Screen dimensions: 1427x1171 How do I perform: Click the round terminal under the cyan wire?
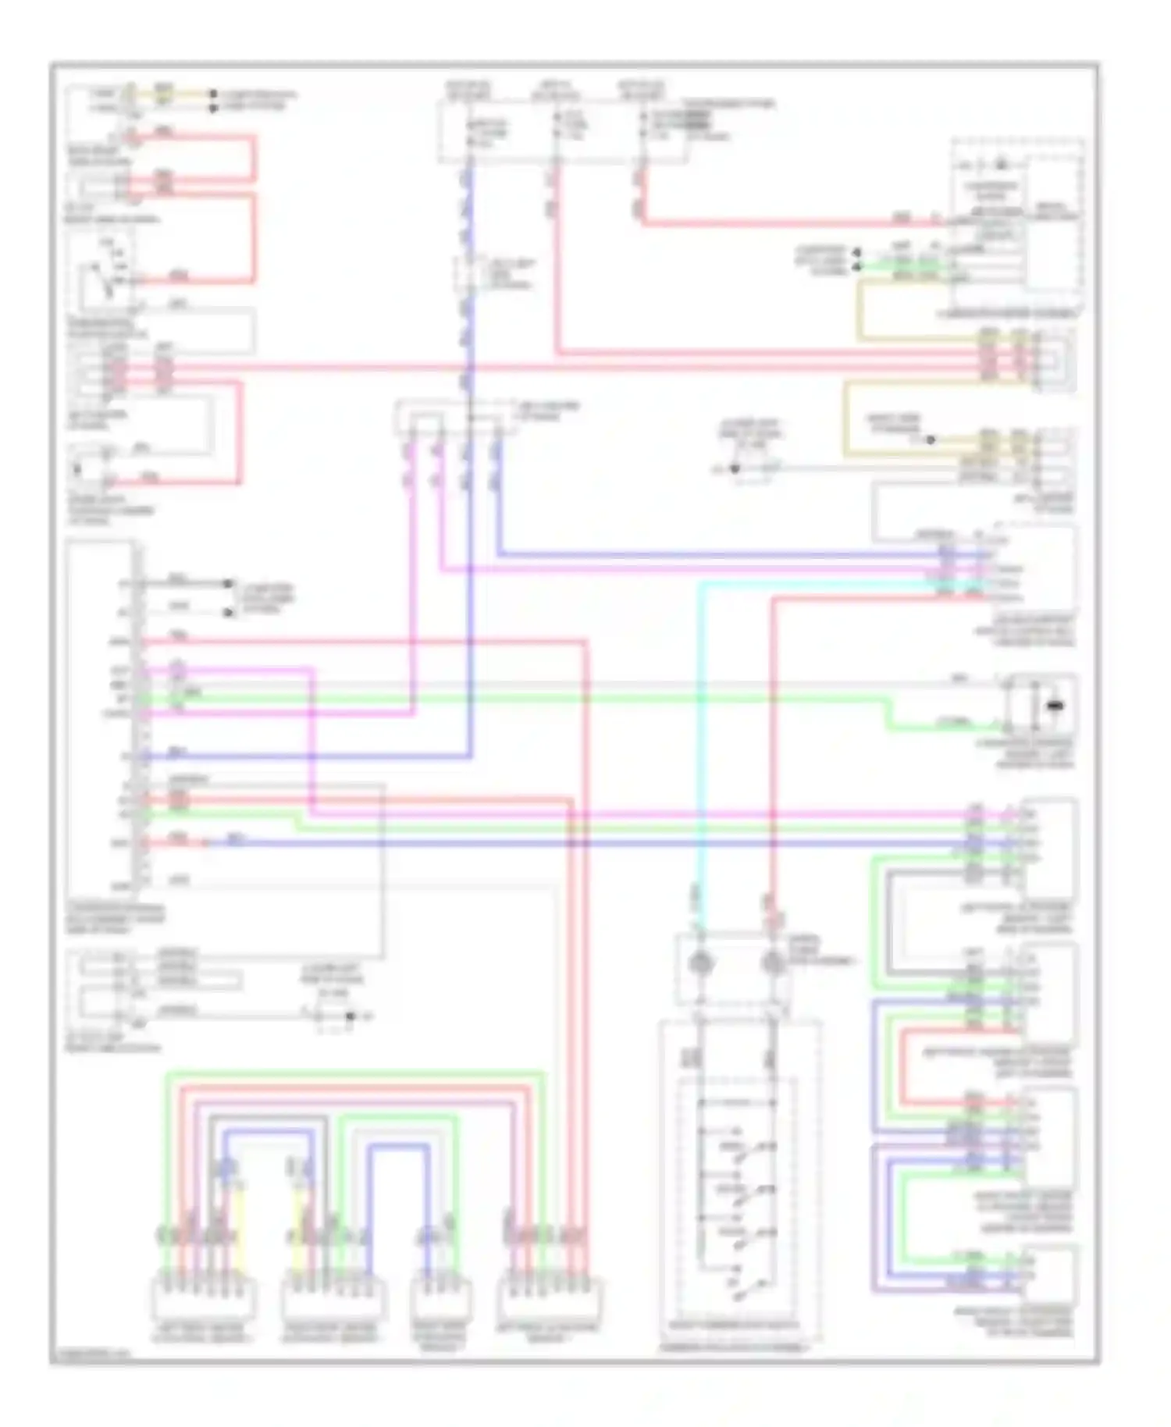(x=700, y=963)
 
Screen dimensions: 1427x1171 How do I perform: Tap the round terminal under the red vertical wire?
(x=773, y=963)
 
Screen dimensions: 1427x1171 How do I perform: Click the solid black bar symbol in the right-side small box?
(x=1055, y=706)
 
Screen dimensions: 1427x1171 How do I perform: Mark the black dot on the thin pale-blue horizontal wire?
(x=734, y=468)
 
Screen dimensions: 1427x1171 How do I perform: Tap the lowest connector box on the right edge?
(x=1050, y=1276)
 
